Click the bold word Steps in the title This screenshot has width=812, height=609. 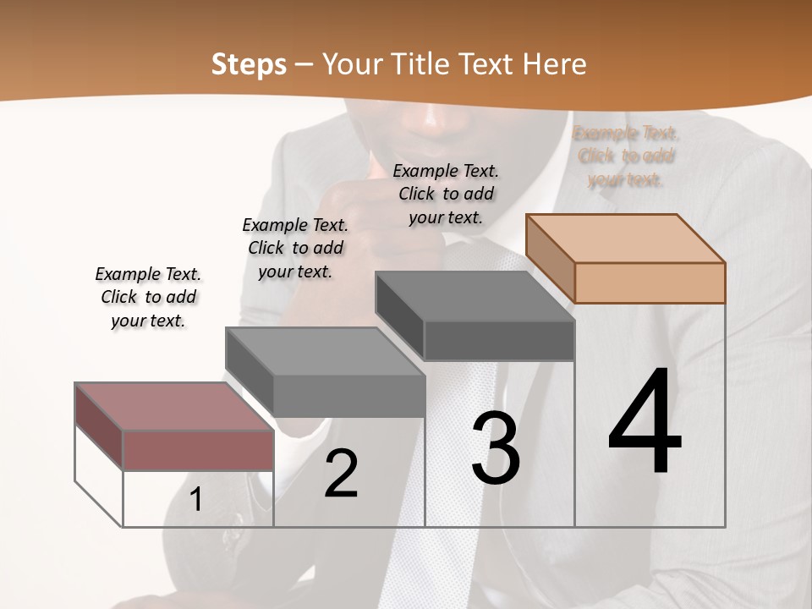(x=249, y=64)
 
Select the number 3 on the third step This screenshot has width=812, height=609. (x=496, y=448)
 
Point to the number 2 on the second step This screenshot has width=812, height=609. (x=341, y=474)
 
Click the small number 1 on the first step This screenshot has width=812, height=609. (x=196, y=500)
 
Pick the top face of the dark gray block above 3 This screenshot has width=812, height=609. (x=475, y=296)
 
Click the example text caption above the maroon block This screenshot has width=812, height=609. (x=148, y=297)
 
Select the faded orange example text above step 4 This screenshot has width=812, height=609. (x=626, y=156)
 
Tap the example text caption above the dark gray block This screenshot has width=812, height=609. (x=446, y=194)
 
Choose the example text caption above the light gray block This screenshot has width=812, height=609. (x=295, y=248)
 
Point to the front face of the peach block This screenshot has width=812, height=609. (x=650, y=283)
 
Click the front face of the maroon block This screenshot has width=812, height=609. (x=198, y=450)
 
